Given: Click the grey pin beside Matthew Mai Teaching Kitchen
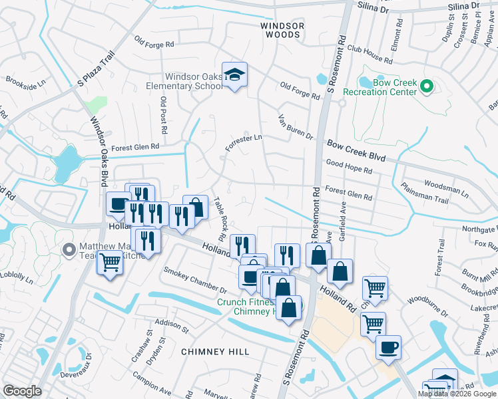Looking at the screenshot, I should (x=68, y=251).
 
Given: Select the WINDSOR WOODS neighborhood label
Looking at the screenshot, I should (x=282, y=30).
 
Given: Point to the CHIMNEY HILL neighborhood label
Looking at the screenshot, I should (x=215, y=351).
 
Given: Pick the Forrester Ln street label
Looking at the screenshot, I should (x=244, y=142).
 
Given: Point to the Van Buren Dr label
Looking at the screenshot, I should (x=295, y=126).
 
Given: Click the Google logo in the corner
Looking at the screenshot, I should (x=22, y=391).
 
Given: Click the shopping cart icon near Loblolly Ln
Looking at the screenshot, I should (x=111, y=263).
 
